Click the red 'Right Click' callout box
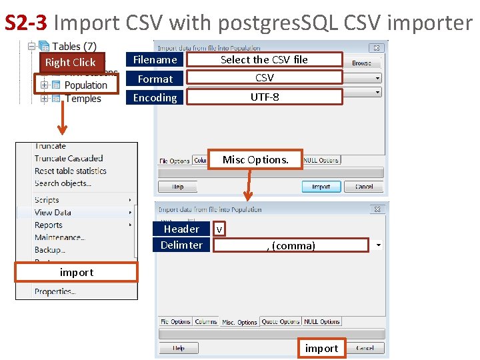coord(71,62)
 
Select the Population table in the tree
coord(85,85)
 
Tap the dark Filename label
coord(155,60)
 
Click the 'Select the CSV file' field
coord(264,60)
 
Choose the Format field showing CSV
coord(264,78)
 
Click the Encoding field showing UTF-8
coord(264,97)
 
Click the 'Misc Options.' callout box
coord(255,160)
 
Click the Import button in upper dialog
coord(321,187)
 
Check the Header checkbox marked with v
coord(219,229)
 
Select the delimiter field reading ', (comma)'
coord(291,245)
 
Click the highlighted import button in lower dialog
coord(321,348)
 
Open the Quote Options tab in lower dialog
coord(281,322)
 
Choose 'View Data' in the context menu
coord(53,213)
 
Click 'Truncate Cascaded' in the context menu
coord(69,159)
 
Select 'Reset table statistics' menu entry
coord(71,171)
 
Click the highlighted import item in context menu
coord(77,272)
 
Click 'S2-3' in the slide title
coord(25,23)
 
